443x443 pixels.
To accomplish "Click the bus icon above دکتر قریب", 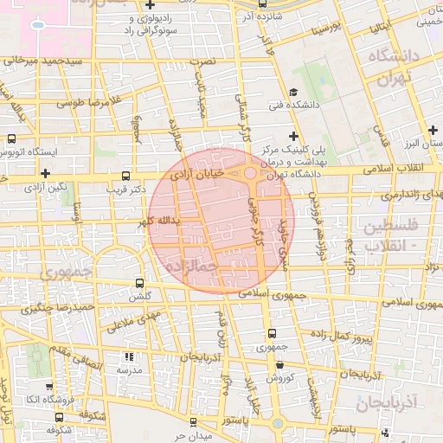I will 128,174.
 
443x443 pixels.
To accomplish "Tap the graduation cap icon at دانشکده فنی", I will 292,93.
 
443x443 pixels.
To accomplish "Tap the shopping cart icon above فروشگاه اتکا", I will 48,387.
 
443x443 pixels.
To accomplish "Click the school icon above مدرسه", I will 129,356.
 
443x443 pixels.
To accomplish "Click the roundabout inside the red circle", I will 249,174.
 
